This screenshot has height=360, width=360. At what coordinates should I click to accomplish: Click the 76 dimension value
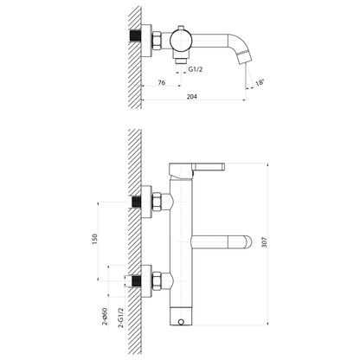point(162,82)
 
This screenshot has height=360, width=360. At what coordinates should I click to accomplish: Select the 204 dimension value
point(192,97)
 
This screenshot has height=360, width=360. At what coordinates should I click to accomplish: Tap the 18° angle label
point(260,82)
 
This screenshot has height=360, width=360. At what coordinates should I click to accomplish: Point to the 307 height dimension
point(264,242)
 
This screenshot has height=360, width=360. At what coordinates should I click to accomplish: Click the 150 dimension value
point(95,240)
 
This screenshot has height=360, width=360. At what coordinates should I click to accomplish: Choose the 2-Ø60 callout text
point(105,317)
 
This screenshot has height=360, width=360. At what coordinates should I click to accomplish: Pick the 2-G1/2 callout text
point(121,318)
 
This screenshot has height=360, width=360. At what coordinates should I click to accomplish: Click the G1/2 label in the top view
point(196,69)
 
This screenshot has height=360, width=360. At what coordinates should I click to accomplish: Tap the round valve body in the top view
point(181,40)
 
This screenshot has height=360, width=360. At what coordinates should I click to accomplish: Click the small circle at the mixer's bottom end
point(181,322)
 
